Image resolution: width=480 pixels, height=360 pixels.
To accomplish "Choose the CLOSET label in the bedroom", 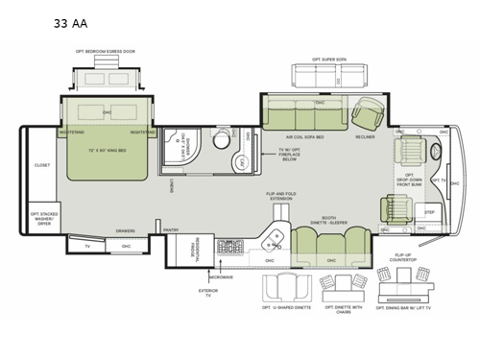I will pos(42,165).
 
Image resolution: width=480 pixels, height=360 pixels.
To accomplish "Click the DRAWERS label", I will pos(126,230).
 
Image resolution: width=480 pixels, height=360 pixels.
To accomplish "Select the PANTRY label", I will pos(172,230).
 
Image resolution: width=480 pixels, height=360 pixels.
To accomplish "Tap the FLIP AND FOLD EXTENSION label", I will pos(281,197).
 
